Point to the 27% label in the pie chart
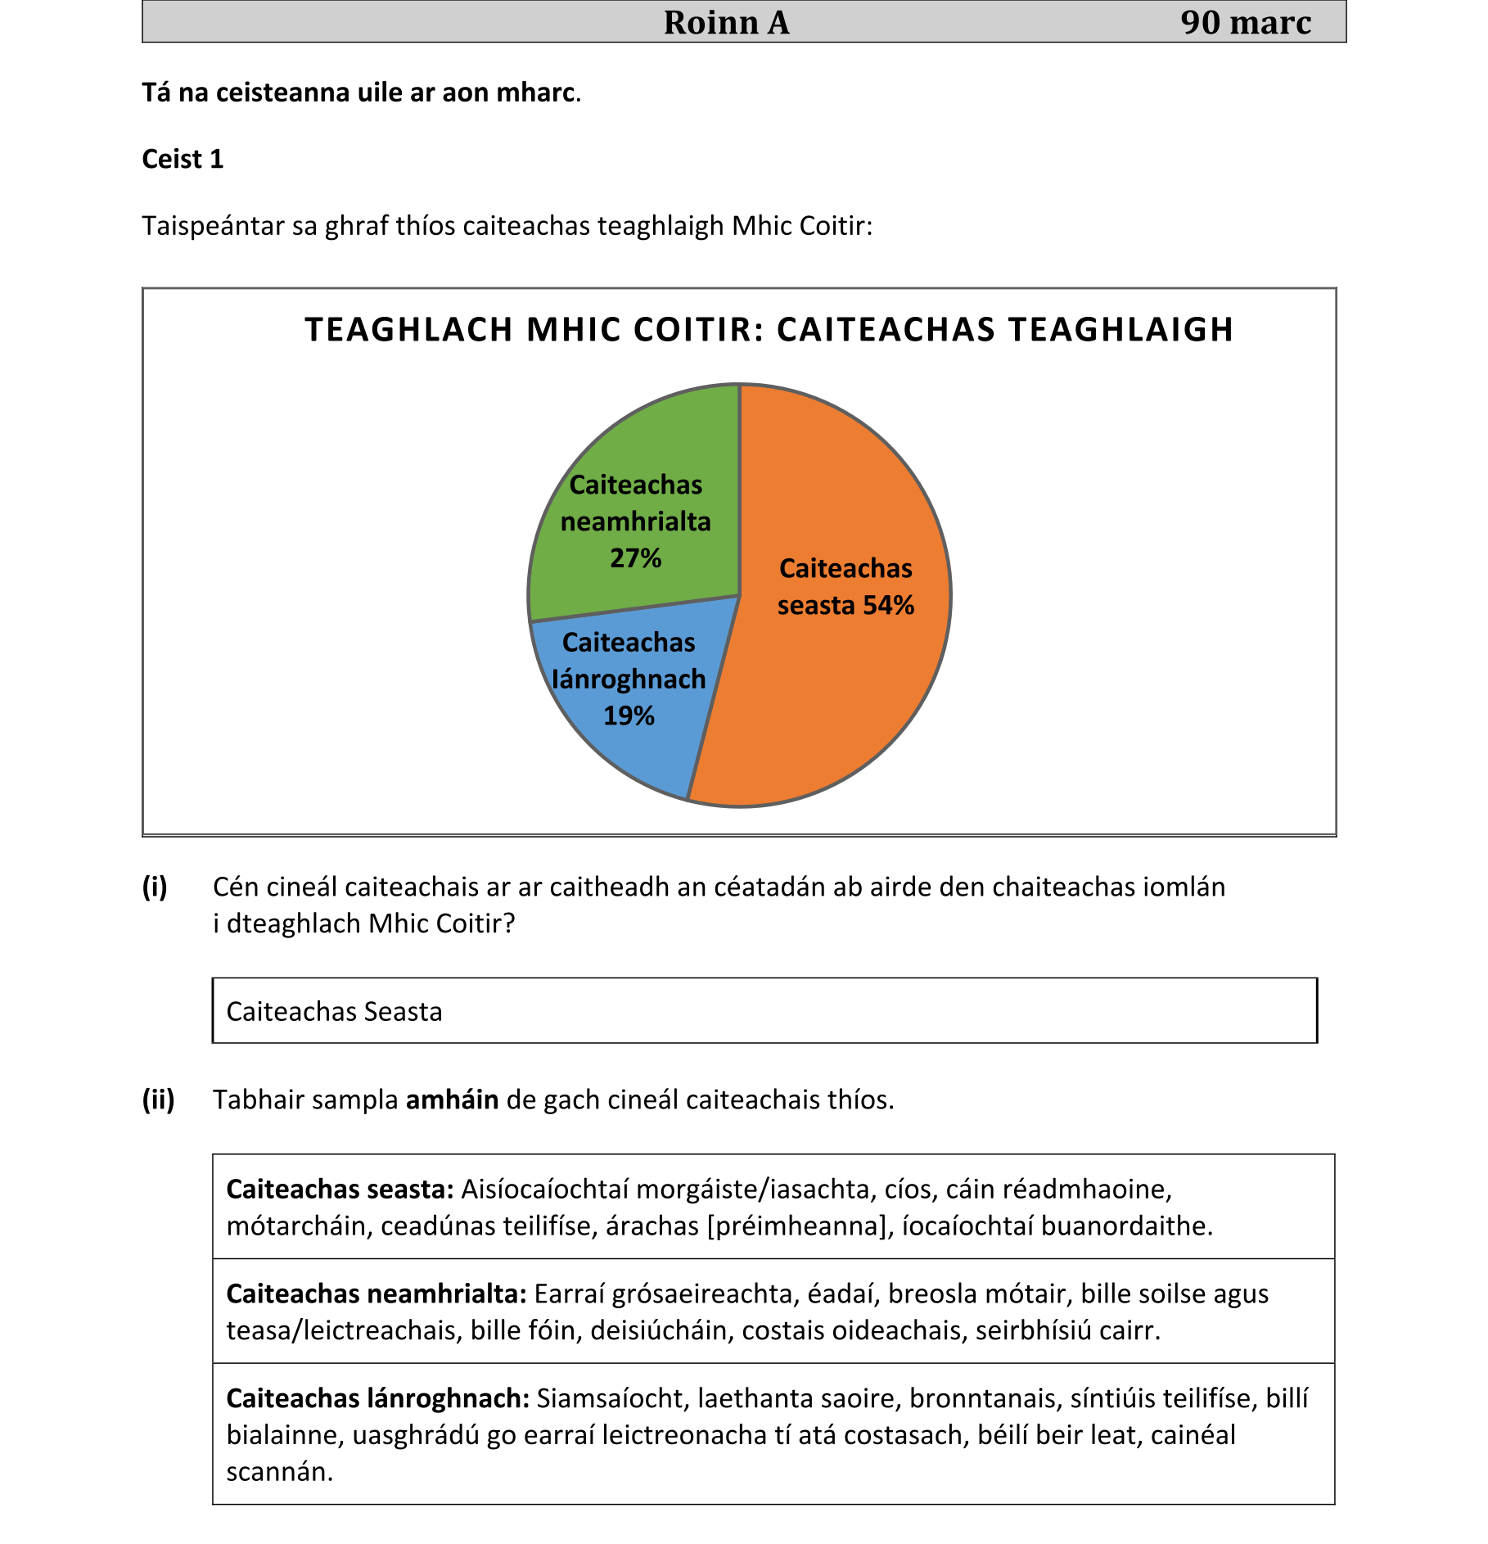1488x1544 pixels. (635, 558)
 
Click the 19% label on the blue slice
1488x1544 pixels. (629, 716)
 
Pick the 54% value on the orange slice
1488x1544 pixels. (888, 606)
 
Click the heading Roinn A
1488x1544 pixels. (726, 22)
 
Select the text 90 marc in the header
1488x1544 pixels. (1245, 22)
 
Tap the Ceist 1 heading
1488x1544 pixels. (183, 159)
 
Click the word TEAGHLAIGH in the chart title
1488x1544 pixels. (1121, 330)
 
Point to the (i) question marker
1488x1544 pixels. (155, 887)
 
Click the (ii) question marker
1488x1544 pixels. (158, 1099)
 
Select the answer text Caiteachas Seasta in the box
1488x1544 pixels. (334, 1012)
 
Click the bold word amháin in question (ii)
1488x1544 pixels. (452, 1099)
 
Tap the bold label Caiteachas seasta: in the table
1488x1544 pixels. (340, 1189)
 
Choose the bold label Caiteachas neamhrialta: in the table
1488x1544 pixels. (377, 1293)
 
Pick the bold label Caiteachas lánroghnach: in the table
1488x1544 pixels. (378, 1398)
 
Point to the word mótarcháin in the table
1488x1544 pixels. (300, 1226)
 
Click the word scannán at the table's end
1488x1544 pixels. (279, 1472)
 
